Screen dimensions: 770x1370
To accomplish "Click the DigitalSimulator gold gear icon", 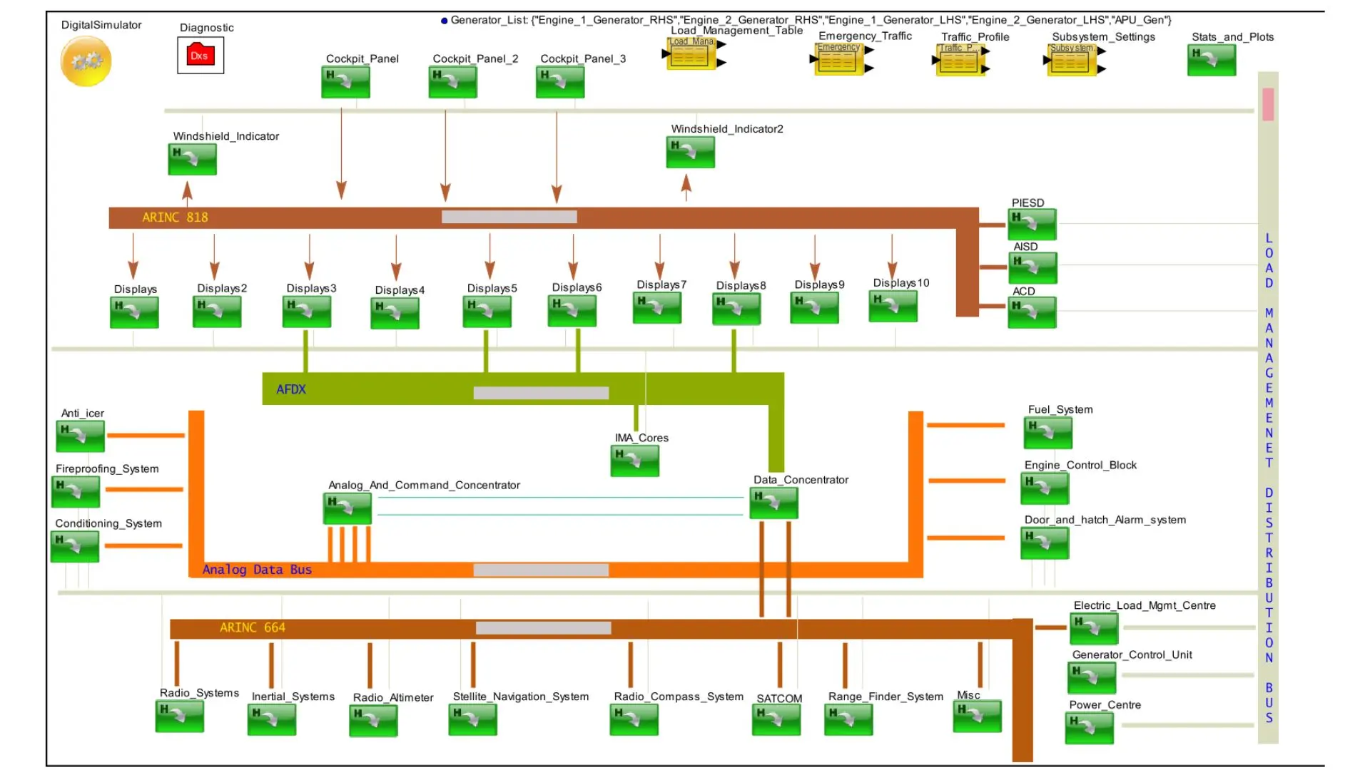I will (86, 61).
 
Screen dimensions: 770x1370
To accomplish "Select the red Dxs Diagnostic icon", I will (200, 56).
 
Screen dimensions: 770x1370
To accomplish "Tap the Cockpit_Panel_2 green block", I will (452, 82).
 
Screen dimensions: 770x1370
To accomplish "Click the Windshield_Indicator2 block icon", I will (690, 152).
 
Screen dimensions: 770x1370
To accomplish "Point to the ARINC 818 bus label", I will (175, 217).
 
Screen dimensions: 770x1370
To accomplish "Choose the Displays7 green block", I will (657, 308).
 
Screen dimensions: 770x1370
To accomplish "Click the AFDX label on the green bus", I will (291, 389).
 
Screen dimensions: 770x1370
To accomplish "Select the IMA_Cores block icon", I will (634, 461).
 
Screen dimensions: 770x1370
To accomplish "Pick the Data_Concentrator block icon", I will (773, 503).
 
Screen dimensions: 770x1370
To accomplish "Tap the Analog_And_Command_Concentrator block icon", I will (347, 508).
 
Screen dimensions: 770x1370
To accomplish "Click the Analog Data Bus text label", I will (257, 570).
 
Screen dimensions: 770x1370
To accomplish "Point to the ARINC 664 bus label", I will (253, 627).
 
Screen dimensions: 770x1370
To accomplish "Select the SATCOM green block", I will (776, 719).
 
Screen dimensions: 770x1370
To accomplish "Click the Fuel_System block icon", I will (1048, 433).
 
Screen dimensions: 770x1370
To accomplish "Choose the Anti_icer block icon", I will (81, 436).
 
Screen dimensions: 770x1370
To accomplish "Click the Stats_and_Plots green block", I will (1212, 60).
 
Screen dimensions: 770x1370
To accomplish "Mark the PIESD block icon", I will (1032, 225).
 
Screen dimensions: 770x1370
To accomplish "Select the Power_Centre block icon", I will (1089, 728).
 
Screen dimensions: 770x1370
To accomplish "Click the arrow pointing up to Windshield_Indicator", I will (187, 191).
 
